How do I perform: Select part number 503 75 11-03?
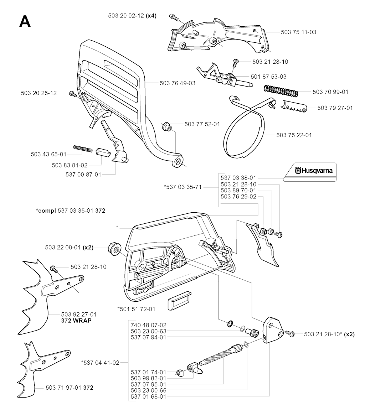tap(298, 32)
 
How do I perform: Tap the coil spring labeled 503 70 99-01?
tap(281, 91)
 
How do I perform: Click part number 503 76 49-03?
tap(178, 83)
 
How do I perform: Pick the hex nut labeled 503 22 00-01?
tap(114, 248)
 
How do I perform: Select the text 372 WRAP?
tap(76, 320)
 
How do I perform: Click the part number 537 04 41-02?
tap(100, 363)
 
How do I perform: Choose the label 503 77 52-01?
tap(202, 124)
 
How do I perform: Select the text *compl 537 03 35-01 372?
tap(71, 211)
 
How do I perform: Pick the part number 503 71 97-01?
tap(64, 388)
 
